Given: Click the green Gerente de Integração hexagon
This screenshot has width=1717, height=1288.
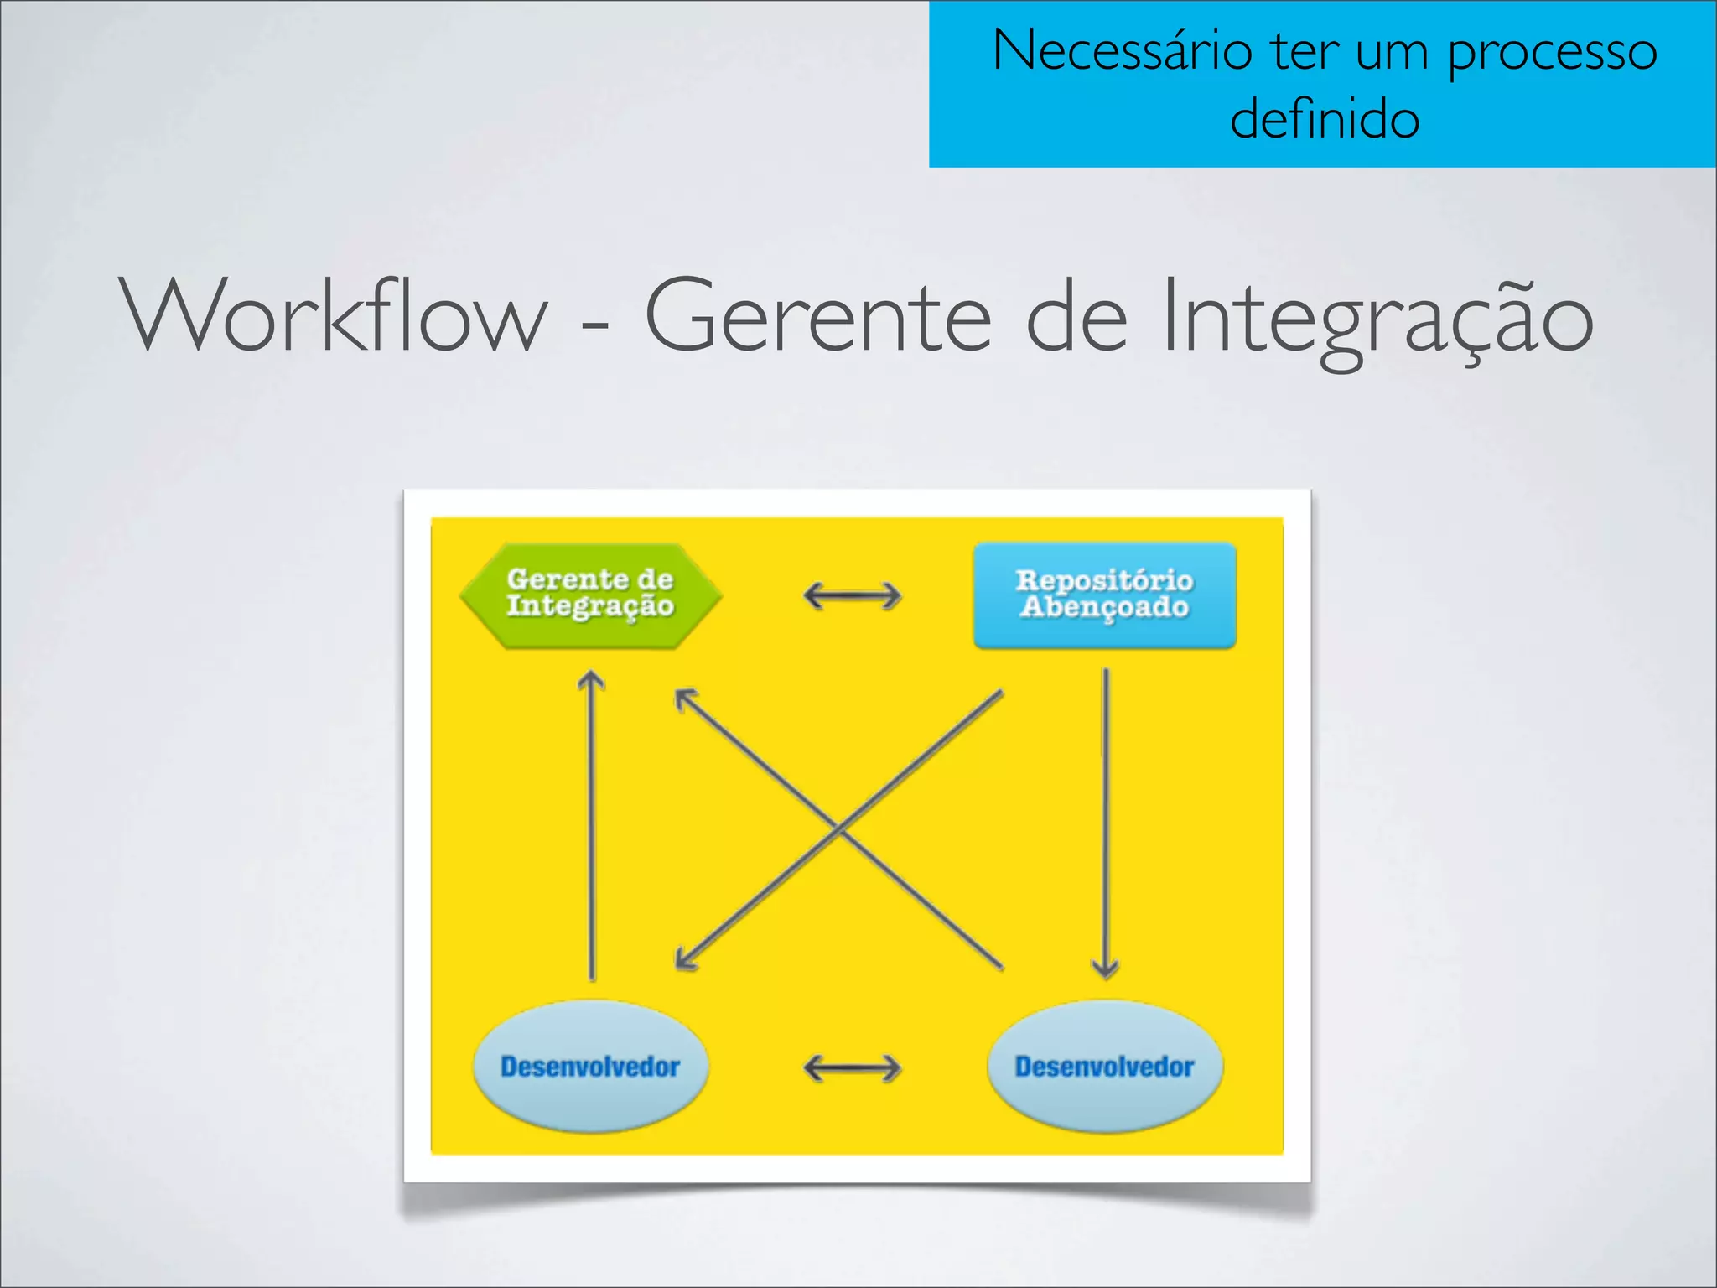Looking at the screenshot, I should pos(590,595).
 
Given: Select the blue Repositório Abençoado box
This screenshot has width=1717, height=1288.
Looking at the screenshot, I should pos(1104,595).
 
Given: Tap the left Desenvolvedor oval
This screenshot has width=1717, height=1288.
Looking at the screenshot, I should pos(590,1067).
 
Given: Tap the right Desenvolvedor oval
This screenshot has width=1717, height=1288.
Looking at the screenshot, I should pos(1104,1067).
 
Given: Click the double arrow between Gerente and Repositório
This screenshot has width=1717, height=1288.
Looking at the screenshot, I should pos(852,596).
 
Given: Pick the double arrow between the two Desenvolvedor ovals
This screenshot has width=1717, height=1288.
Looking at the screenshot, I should pos(852,1068).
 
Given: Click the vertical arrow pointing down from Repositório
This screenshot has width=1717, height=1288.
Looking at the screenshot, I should pos(1106,822).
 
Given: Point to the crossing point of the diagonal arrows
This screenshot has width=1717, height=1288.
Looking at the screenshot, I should pos(839,829).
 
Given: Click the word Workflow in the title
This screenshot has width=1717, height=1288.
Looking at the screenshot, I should pos(335,317).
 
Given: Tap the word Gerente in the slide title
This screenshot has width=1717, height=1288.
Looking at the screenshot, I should pos(817,317).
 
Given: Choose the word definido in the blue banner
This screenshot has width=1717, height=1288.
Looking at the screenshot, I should pos(1325,119).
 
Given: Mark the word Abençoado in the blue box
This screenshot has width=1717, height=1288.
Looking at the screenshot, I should pos(1104,608).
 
